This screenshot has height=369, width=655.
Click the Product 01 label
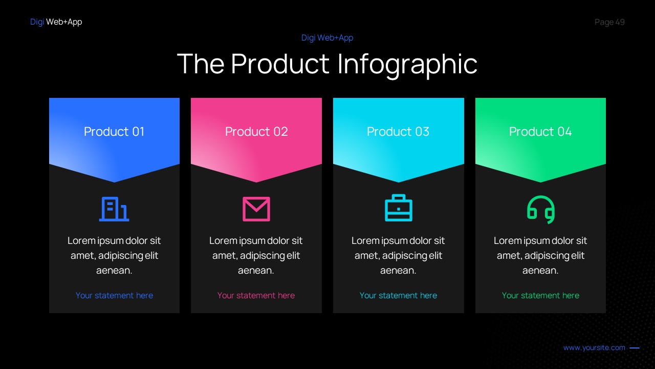114,132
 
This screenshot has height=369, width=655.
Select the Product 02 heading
256,132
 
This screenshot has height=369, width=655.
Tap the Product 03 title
398,132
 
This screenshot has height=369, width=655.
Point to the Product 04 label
540,132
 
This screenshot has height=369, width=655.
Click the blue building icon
114,209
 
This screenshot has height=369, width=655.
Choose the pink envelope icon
256,209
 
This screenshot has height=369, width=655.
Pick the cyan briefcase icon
398,208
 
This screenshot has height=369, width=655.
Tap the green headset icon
541,209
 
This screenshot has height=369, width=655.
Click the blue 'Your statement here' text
114,295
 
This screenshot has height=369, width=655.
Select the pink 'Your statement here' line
256,295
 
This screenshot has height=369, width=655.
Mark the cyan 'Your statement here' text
398,295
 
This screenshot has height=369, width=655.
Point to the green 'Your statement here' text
540,295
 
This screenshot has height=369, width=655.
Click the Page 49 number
609,22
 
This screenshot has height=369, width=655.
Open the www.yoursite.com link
594,347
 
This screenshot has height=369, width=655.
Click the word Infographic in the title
407,64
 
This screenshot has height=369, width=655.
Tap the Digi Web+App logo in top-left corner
56,22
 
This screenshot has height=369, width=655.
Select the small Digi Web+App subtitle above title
327,37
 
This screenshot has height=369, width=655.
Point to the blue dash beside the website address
635,348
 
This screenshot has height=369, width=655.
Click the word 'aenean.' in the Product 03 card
398,271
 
